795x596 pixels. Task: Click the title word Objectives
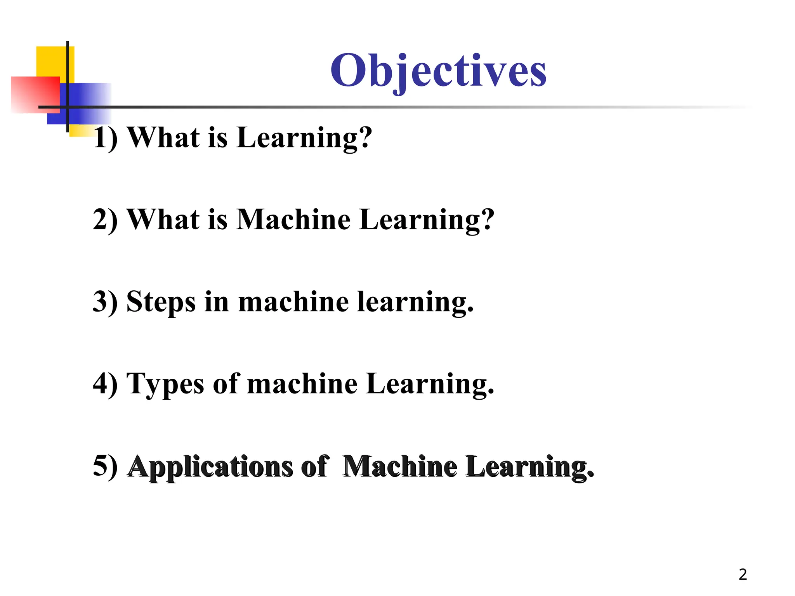(x=438, y=71)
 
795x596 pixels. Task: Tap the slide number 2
(x=743, y=574)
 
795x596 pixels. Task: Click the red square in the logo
(x=35, y=94)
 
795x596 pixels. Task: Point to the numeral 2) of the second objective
(x=105, y=220)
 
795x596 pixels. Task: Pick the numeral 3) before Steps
(x=105, y=302)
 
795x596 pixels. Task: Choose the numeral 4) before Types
(x=105, y=384)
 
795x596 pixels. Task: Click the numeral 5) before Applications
(x=105, y=466)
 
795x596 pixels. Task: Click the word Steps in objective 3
(x=161, y=302)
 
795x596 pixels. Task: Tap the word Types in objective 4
(x=165, y=384)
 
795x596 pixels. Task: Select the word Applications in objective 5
(x=210, y=466)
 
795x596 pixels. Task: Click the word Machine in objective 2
(x=293, y=220)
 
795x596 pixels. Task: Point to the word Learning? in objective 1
(x=304, y=138)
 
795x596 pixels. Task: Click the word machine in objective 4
(x=302, y=384)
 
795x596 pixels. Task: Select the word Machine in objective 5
(x=399, y=466)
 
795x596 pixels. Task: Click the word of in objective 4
(x=226, y=384)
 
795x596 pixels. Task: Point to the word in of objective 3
(x=217, y=302)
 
